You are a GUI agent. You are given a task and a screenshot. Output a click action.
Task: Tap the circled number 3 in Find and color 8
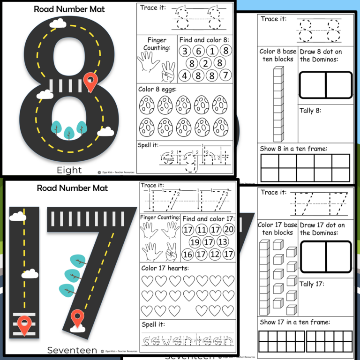pyautogui.click(x=186, y=51)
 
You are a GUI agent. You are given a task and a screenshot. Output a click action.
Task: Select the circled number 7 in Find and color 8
pyautogui.click(x=225, y=75)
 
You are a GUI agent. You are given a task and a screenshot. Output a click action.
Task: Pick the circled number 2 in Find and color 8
pyautogui.click(x=205, y=63)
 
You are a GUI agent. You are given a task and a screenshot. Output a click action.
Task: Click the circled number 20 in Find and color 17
pyautogui.click(x=229, y=230)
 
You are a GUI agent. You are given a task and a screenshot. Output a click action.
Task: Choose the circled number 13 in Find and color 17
pyautogui.click(x=223, y=242)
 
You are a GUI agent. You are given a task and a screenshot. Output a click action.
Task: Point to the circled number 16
pyautogui.click(x=188, y=254)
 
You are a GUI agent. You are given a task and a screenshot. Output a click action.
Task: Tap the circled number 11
pyautogui.click(x=202, y=230)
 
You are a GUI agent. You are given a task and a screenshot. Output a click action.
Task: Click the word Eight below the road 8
pyautogui.click(x=69, y=170)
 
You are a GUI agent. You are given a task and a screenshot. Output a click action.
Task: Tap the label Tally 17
pyautogui.click(x=313, y=284)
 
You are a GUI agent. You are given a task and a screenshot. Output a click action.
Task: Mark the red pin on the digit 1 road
pyautogui.click(x=23, y=323)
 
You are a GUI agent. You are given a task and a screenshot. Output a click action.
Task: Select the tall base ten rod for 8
pyautogui.click(x=278, y=104)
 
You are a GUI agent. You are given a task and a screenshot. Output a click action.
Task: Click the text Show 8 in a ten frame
pyautogui.click(x=293, y=149)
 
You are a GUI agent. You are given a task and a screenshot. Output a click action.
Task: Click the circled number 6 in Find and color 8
pyautogui.click(x=199, y=51)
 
